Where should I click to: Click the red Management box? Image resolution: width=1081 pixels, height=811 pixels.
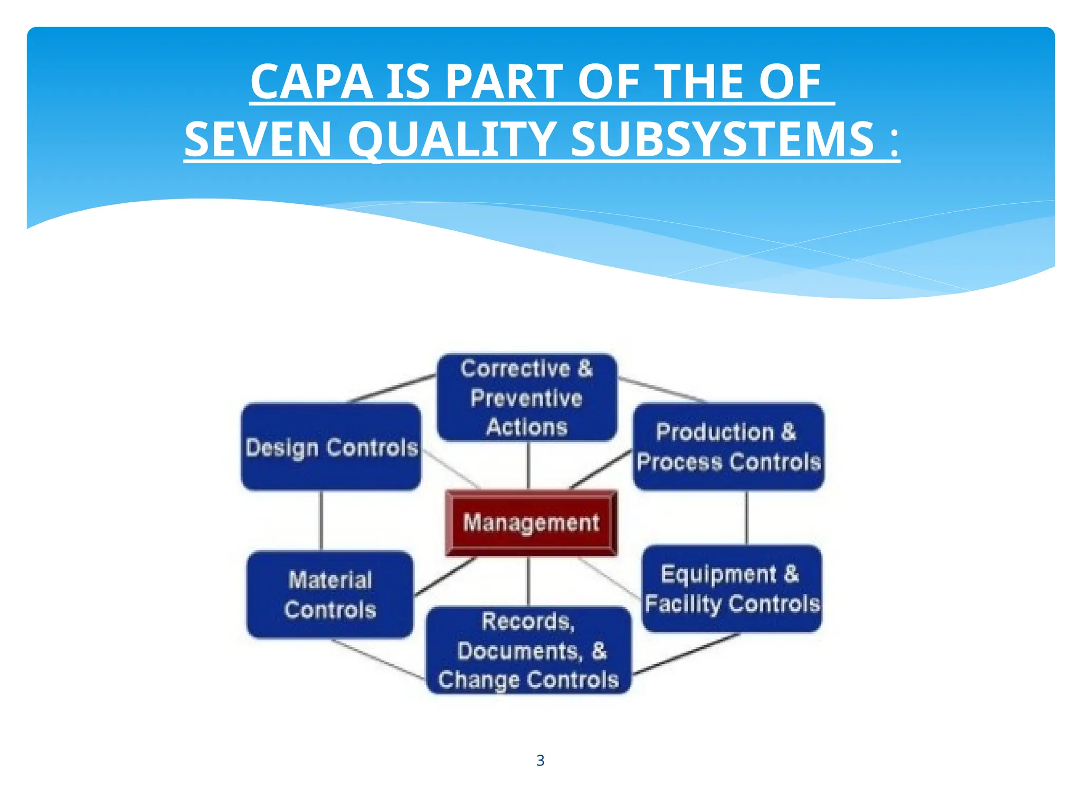tap(531, 523)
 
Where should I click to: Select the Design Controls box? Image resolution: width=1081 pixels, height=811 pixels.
tap(331, 447)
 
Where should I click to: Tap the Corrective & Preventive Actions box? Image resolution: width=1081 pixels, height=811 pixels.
tap(527, 397)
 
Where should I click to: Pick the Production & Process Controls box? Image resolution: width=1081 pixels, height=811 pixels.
tap(728, 447)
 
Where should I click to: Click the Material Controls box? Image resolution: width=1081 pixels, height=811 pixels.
tap(330, 595)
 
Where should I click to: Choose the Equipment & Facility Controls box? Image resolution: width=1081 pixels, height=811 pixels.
tap(732, 588)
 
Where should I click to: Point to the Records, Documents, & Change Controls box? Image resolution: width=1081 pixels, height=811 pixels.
tap(528, 650)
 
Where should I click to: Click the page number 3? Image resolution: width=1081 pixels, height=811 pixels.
tap(540, 760)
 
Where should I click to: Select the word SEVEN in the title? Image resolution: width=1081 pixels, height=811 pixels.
tap(258, 139)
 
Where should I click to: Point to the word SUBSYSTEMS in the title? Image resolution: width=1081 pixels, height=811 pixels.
tap(723, 139)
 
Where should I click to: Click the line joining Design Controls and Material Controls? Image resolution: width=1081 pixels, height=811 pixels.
tap(321, 521)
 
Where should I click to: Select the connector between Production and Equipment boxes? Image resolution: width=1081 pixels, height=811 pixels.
tap(746, 517)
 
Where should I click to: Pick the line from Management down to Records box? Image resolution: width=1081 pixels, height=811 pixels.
tap(528, 581)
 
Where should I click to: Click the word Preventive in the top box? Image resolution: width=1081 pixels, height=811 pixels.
tap(526, 398)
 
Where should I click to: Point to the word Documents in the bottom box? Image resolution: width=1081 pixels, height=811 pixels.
tap(519, 651)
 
